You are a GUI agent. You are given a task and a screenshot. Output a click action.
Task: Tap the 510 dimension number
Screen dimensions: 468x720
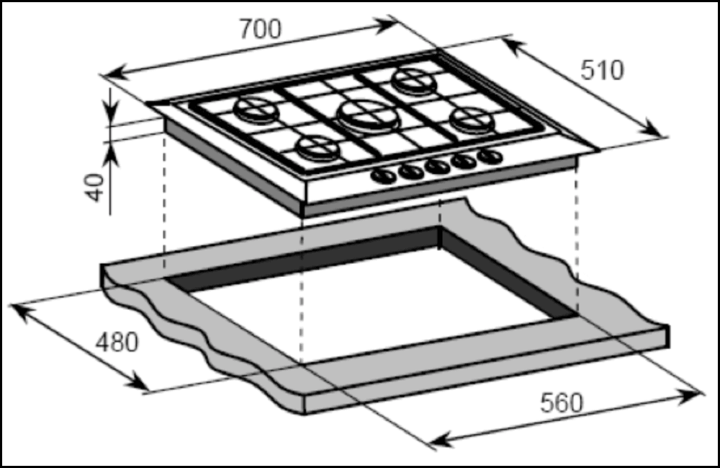(x=601, y=70)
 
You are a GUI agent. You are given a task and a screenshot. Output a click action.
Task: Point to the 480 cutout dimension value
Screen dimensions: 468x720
(x=116, y=343)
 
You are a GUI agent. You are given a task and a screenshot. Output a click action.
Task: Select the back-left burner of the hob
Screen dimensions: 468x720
(x=256, y=110)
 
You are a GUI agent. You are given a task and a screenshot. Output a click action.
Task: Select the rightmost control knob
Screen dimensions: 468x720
(x=491, y=156)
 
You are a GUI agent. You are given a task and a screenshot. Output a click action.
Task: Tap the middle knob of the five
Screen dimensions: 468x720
(x=437, y=166)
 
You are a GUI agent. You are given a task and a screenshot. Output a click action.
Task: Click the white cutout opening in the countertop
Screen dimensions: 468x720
(x=374, y=303)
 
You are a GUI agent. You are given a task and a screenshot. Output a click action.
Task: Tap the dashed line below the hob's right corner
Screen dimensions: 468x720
(x=575, y=231)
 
